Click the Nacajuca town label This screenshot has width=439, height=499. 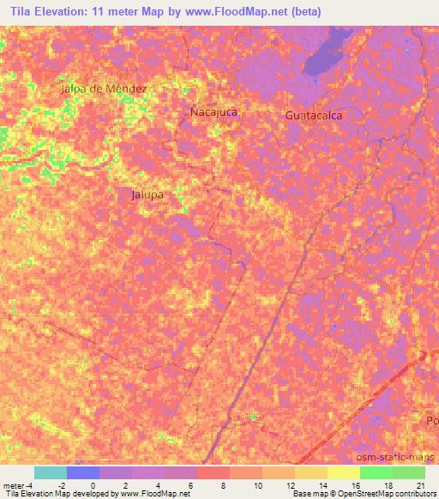point(213,111)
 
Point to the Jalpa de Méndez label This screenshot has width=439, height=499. point(105,88)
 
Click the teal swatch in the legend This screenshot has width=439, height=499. point(50,472)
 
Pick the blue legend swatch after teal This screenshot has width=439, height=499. point(83,472)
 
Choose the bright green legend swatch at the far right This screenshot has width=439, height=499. point(408,472)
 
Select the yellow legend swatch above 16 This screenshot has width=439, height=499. point(343,472)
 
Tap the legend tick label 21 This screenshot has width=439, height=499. point(419,486)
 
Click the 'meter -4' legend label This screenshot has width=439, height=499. point(18,486)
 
